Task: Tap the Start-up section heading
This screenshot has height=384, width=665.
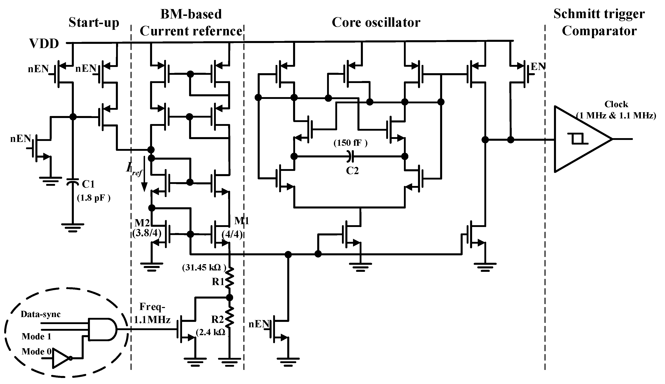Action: tap(94, 23)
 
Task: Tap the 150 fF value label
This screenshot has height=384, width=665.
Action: tap(350, 143)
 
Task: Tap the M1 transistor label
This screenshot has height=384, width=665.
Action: tap(242, 221)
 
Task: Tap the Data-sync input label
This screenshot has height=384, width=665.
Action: tap(41, 314)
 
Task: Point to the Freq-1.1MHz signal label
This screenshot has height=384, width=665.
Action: tap(152, 313)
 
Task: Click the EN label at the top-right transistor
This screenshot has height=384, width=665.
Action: tap(538, 67)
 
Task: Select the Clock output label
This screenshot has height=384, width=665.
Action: tap(616, 104)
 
